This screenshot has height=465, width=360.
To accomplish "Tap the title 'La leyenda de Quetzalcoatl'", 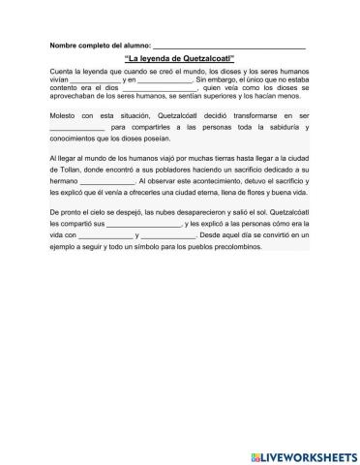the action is point(180,59).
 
